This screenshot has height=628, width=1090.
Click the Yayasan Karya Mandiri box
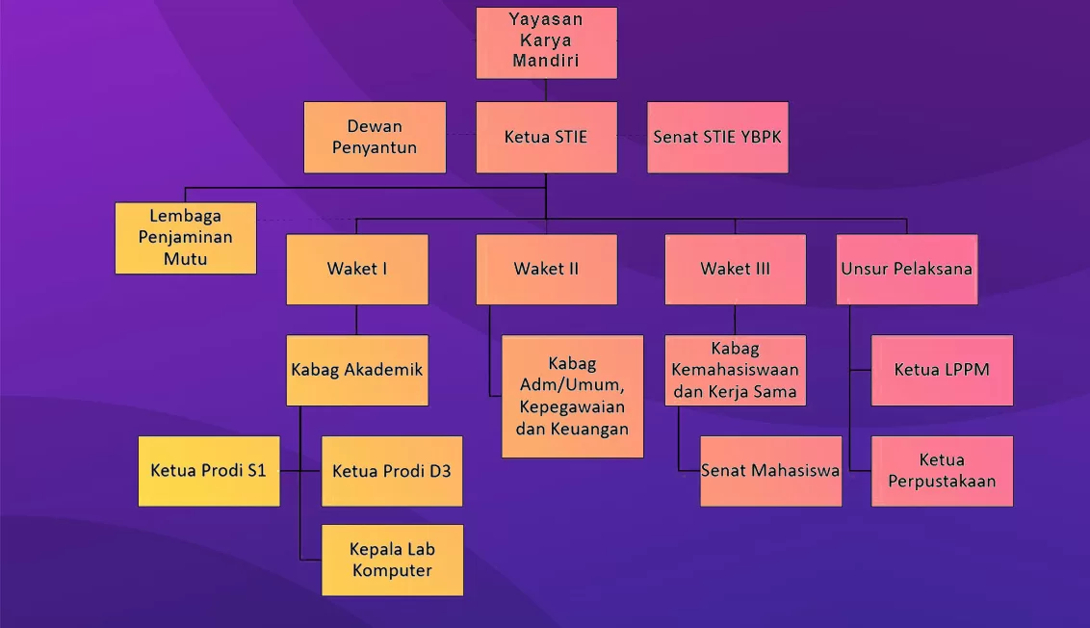point(546,43)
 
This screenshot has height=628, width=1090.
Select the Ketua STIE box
point(546,137)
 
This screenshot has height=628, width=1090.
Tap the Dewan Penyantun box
point(375,137)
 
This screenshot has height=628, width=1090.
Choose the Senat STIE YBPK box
point(717,137)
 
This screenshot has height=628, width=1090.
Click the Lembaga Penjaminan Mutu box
point(186,238)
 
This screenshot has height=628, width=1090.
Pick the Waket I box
point(357,269)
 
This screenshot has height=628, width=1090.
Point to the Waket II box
point(546,269)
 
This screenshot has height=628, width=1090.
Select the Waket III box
point(736,269)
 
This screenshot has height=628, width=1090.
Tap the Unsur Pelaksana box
point(906,269)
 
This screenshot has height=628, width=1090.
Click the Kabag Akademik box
point(357,370)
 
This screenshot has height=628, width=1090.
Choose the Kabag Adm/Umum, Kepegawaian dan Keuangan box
point(572,397)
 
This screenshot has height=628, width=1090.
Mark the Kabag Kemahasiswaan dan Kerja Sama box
point(736,370)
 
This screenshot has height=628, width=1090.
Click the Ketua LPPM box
point(942,370)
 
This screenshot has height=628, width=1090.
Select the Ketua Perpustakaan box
point(942,471)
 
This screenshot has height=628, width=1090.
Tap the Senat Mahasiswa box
point(771,471)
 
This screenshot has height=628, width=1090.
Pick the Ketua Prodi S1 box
point(209,471)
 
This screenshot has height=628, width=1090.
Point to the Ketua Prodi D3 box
point(392,471)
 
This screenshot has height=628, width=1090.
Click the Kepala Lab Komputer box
point(392,560)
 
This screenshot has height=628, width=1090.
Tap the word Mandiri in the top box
point(546,61)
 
